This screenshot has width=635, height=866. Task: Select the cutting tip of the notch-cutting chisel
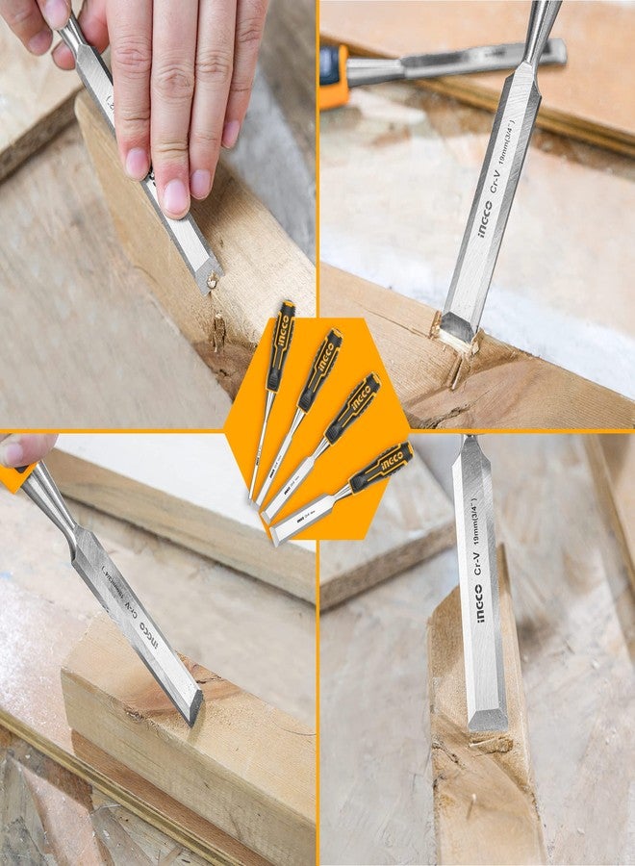click(456, 333)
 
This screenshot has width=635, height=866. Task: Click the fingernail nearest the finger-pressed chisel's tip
click(176, 197)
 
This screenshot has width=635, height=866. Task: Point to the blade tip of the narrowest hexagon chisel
click(253, 497)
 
